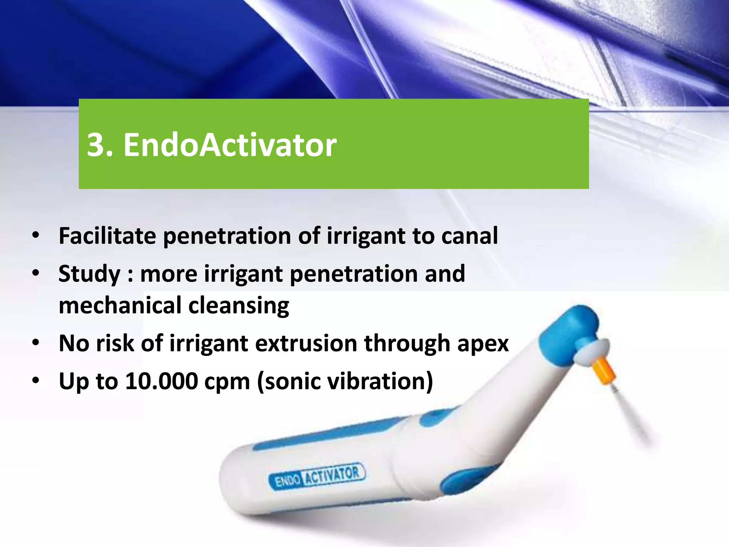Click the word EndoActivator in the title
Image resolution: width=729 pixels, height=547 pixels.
(230, 145)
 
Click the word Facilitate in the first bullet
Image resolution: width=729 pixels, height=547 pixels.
(107, 236)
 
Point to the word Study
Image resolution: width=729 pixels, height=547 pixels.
(89, 274)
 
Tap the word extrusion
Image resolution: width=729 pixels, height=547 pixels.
(306, 343)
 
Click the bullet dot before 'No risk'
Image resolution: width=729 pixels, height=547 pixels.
(36, 344)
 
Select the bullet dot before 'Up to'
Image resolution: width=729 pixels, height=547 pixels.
(36, 381)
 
